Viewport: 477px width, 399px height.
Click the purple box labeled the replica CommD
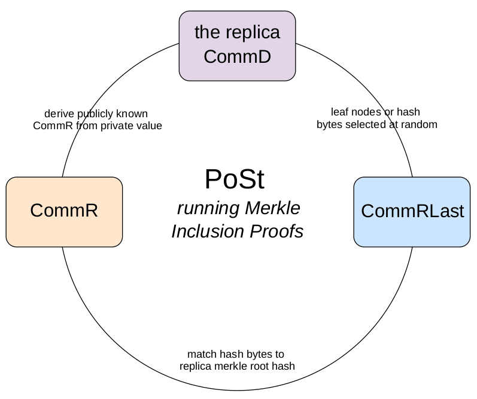(x=237, y=46)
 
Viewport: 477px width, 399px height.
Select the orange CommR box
(x=64, y=212)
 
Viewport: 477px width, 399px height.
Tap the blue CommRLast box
(x=412, y=212)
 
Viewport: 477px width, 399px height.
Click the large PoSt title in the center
(x=235, y=179)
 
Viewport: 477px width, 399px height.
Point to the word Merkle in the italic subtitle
(x=272, y=208)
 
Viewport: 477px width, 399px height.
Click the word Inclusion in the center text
(x=208, y=231)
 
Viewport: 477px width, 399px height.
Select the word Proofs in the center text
(x=277, y=231)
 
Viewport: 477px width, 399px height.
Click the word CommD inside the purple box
(x=237, y=57)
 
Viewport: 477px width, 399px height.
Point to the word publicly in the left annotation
(x=95, y=114)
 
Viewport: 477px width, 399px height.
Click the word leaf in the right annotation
(x=338, y=112)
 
